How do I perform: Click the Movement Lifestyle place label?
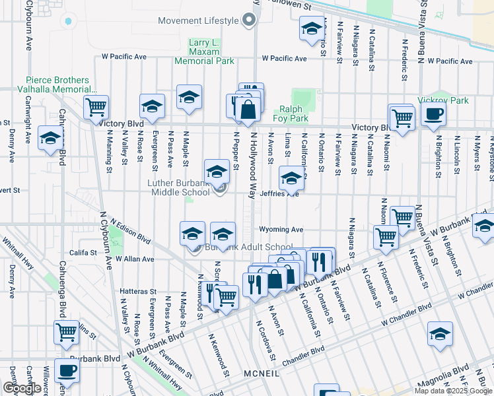click(x=198, y=20)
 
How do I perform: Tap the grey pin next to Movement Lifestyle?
click(x=248, y=20)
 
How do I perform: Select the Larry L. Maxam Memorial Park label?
click(x=204, y=52)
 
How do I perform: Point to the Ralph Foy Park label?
click(x=294, y=114)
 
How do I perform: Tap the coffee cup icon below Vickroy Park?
click(x=433, y=114)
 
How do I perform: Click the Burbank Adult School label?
click(x=249, y=247)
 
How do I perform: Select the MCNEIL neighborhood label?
click(x=261, y=374)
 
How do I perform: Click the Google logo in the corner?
click(x=22, y=388)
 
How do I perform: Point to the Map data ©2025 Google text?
click(x=453, y=391)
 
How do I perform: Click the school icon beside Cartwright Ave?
click(x=50, y=138)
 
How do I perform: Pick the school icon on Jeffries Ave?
click(x=291, y=178)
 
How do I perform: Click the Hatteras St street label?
click(x=137, y=291)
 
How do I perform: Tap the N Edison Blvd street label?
click(x=130, y=231)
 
